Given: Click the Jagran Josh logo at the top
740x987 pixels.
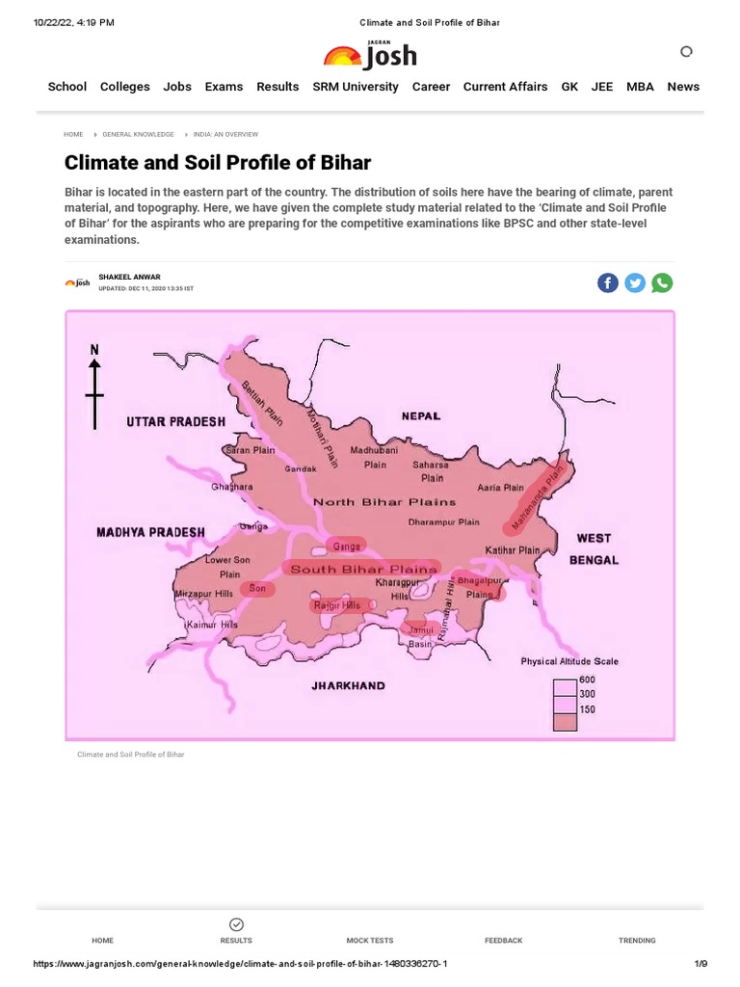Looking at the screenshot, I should (370, 56).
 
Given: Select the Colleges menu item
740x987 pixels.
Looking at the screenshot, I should (125, 87).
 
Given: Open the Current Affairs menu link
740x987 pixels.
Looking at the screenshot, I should (505, 87).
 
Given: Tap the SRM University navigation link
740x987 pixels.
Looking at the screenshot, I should (356, 87).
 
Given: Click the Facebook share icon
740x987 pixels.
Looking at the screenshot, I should (608, 282).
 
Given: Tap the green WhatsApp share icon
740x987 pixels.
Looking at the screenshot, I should (662, 282).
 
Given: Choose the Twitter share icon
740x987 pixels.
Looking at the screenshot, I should (635, 282).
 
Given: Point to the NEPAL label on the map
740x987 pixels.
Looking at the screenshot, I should (421, 416).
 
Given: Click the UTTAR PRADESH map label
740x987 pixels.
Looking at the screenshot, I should (176, 422).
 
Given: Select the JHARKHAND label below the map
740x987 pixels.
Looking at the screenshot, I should (348, 686).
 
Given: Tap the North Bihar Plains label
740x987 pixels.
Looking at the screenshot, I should (385, 502).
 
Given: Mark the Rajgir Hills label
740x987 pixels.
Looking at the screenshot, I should (337, 605).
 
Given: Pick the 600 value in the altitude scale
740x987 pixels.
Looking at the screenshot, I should (587, 680).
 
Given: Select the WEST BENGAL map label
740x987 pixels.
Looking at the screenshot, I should (594, 548).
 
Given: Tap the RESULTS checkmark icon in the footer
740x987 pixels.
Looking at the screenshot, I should (237, 924).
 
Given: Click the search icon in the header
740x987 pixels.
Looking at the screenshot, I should (686, 51).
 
